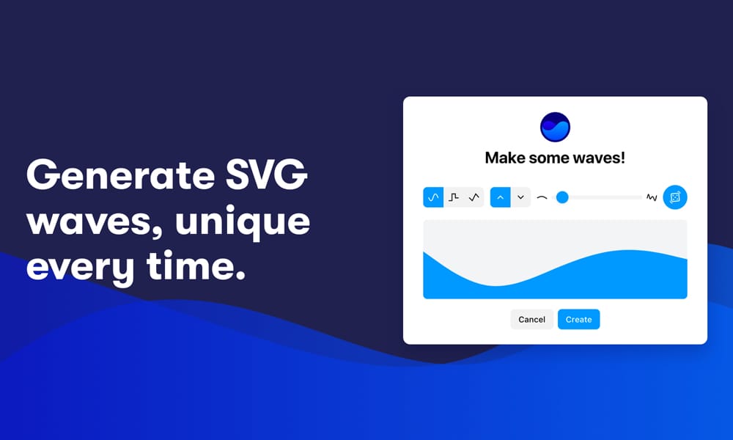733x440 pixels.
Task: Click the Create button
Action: tap(578, 320)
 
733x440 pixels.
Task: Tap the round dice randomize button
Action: tap(675, 197)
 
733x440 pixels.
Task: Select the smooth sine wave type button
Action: tap(433, 197)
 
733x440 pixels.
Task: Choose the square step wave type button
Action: tap(454, 197)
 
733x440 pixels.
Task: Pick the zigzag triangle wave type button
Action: tap(474, 197)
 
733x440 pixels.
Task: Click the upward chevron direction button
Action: tap(501, 197)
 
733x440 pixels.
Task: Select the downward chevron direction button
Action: tap(520, 197)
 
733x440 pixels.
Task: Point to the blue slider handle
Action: tap(562, 197)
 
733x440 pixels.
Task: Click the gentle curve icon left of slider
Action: tap(542, 197)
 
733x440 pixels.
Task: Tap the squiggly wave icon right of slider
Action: tap(652, 197)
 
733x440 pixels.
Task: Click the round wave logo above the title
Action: tap(555, 127)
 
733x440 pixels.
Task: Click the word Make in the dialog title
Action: tap(507, 158)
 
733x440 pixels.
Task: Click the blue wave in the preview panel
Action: tap(555, 282)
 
